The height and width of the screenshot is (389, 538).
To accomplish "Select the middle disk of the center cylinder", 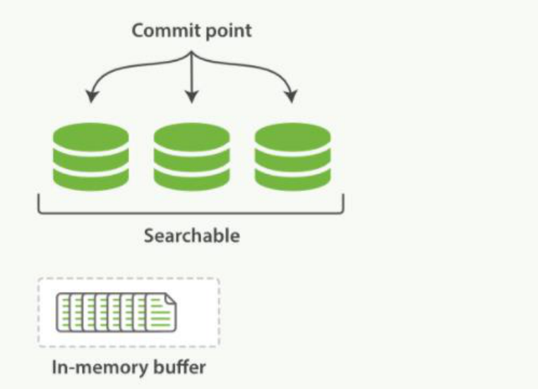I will pyautogui.click(x=191, y=156).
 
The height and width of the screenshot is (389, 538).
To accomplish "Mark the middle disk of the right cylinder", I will pyautogui.click(x=292, y=156).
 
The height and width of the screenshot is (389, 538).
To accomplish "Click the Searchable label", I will pyautogui.click(x=191, y=236).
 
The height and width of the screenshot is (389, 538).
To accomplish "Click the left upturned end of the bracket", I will pyautogui.click(x=38, y=203).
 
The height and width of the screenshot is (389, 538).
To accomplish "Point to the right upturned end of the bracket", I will pyautogui.click(x=343, y=203).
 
